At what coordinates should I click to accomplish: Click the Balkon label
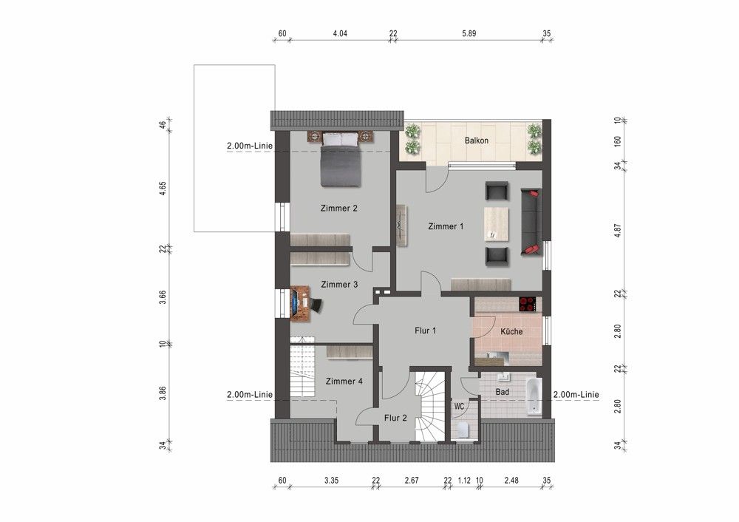[x=476, y=140]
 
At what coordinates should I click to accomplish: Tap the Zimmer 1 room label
[x=446, y=226]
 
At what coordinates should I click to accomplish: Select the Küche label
[x=511, y=331]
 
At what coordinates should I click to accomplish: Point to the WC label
[x=459, y=406]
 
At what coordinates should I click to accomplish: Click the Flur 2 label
[x=395, y=418]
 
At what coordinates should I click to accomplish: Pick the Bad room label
[x=502, y=392]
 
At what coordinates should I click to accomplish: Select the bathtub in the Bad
[x=533, y=396]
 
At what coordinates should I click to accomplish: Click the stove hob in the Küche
[x=528, y=304]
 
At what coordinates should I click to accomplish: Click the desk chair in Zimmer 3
[x=315, y=305]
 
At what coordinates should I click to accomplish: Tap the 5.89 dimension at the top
[x=469, y=33]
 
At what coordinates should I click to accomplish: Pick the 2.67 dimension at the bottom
[x=412, y=481]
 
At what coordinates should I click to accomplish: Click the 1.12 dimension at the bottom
[x=464, y=481]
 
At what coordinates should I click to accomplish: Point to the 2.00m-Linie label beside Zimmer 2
[x=250, y=146]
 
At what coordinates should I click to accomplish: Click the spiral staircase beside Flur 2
[x=430, y=407]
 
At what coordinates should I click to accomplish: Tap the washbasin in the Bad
[x=504, y=377]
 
